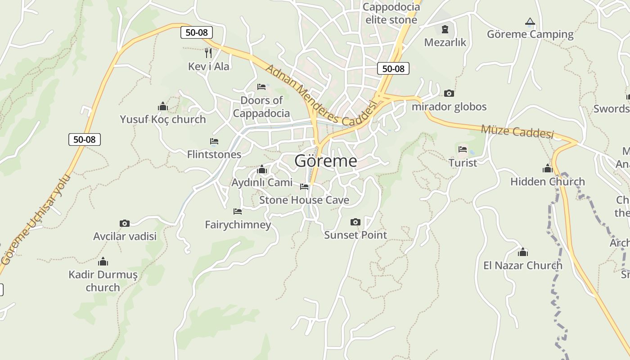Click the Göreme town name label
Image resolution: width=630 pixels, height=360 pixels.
pyautogui.click(x=326, y=161)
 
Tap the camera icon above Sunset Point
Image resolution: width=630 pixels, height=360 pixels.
pyautogui.click(x=355, y=222)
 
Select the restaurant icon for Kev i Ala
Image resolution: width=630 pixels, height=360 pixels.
pyautogui.click(x=208, y=53)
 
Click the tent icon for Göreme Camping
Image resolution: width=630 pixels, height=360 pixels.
pyautogui.click(x=530, y=21)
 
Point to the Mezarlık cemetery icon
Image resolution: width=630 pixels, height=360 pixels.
pyautogui.click(x=445, y=29)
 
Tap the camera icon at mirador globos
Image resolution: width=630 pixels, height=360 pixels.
pyautogui.click(x=449, y=94)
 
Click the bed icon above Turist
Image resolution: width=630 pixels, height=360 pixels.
pyautogui.click(x=463, y=149)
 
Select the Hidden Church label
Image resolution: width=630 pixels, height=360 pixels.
pyautogui.click(x=547, y=182)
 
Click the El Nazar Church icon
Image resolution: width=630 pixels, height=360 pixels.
pyautogui.click(x=522, y=252)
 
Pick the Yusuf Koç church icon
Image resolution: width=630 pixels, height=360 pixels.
pyautogui.click(x=162, y=107)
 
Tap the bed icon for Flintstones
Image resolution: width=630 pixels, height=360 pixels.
pyautogui.click(x=214, y=141)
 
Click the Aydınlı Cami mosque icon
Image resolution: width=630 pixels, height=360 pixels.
pyautogui.click(x=261, y=170)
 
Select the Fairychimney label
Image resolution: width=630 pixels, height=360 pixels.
pyautogui.click(x=238, y=225)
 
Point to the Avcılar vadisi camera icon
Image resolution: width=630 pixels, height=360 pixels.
pyautogui.click(x=125, y=223)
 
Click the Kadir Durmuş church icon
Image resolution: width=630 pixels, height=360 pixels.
pyautogui.click(x=103, y=261)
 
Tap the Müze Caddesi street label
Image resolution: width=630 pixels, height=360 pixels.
pyautogui.click(x=517, y=132)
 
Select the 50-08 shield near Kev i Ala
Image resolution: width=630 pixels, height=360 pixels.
pyautogui.click(x=196, y=32)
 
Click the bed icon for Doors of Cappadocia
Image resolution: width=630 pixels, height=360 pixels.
pyautogui.click(x=261, y=87)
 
